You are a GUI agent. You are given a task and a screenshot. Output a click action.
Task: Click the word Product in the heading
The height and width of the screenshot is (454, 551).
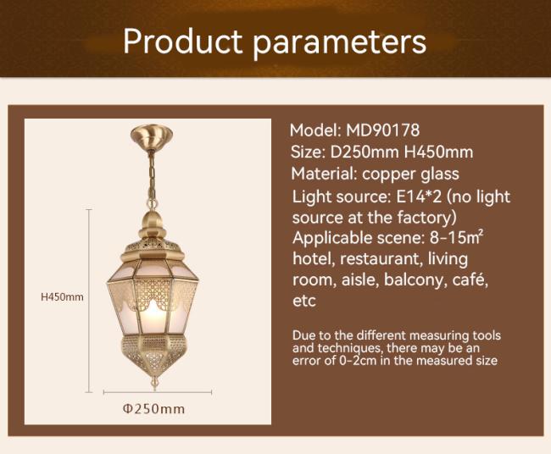(183, 42)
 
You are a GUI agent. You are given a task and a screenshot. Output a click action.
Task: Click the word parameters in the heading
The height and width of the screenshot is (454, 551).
(340, 44)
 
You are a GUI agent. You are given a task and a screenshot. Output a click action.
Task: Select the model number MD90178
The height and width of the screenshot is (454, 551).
(382, 130)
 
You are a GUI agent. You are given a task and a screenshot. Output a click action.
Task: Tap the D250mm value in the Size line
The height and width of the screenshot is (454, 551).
(365, 152)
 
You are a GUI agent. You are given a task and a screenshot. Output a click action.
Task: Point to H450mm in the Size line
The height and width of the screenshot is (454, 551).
(438, 152)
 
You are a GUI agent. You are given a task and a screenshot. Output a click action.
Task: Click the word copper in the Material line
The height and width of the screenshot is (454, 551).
(386, 174)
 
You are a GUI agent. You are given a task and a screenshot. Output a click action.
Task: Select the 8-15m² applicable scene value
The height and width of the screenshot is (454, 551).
(456, 238)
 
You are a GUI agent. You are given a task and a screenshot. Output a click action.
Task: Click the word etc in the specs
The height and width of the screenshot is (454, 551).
(304, 302)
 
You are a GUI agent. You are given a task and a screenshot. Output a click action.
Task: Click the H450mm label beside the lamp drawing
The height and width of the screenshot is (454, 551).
(62, 297)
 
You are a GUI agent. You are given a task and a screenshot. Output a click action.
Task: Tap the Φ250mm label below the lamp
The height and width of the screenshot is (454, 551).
(153, 409)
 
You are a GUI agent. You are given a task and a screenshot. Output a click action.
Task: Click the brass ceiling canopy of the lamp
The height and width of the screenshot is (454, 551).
(152, 137)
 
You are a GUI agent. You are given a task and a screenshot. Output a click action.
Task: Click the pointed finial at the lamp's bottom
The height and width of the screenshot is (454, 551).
(153, 382)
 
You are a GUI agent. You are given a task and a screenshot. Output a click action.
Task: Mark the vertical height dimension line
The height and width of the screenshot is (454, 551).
(89, 301)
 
